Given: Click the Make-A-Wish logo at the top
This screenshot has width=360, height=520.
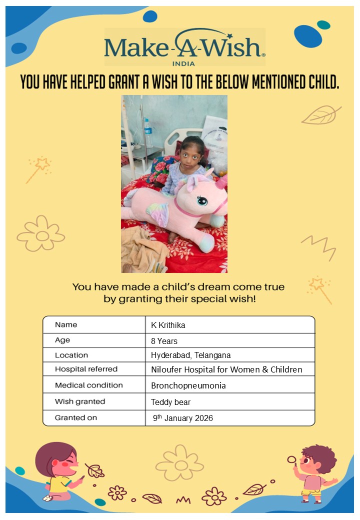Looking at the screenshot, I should [x=184, y=47].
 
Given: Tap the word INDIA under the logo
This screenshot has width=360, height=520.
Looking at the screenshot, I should [x=184, y=63].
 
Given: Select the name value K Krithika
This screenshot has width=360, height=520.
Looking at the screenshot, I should [x=168, y=325].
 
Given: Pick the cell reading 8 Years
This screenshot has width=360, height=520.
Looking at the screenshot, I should [x=164, y=341].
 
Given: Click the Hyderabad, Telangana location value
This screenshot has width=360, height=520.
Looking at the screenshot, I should [x=190, y=355].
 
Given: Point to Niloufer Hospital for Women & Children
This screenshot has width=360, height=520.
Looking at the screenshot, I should [x=226, y=370].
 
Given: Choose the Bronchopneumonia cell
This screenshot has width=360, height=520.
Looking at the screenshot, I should [x=188, y=386].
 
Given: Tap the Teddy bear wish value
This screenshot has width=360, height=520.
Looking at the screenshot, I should [x=170, y=402].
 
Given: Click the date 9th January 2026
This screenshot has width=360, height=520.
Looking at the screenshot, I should [x=183, y=418].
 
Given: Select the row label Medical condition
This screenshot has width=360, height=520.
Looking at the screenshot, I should [x=88, y=385].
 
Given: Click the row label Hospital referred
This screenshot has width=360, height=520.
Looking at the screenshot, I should [x=86, y=369].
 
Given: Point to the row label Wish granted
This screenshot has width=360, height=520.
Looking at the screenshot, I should [x=80, y=401].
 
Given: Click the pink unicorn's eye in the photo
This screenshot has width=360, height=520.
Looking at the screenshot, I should [x=202, y=200].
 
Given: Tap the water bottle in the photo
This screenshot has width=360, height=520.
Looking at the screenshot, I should [x=148, y=132].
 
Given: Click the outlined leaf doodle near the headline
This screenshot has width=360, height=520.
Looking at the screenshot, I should [x=320, y=115].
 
